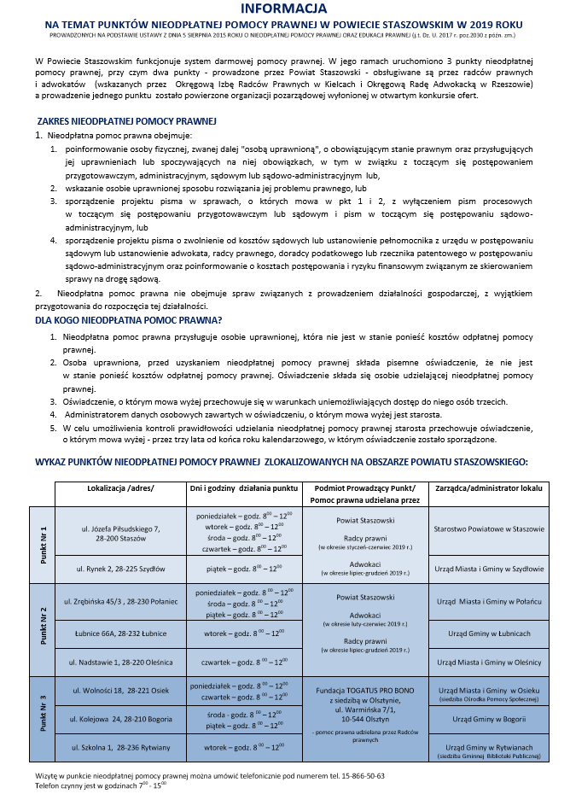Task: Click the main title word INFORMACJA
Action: click(x=284, y=9)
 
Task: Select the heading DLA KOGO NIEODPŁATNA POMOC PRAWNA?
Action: click(x=128, y=321)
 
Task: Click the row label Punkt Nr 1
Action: click(x=44, y=543)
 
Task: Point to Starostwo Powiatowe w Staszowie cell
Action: click(x=487, y=529)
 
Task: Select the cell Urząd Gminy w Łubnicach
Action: click(x=487, y=633)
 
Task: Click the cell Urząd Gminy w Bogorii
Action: click(x=487, y=719)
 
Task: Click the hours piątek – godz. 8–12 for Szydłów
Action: click(x=243, y=568)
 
